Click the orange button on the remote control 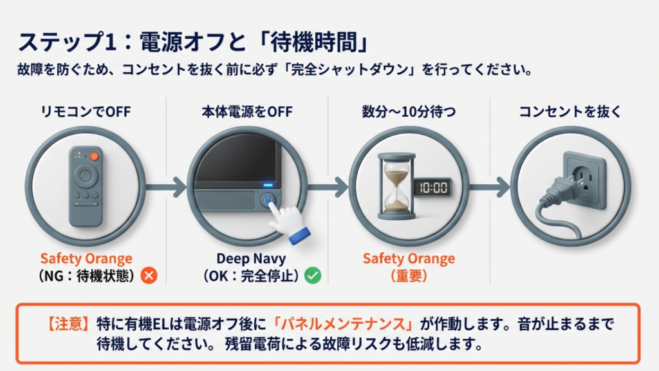tap(93, 157)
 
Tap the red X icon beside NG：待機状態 tap(149, 276)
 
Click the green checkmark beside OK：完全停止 tap(313, 276)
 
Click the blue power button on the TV tap(266, 200)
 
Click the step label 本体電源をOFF tap(246, 112)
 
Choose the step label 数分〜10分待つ tap(409, 112)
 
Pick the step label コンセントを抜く tap(570, 112)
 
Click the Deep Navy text tap(248, 258)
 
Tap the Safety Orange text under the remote tap(86, 258)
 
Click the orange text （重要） tap(409, 276)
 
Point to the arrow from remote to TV tap(165, 187)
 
